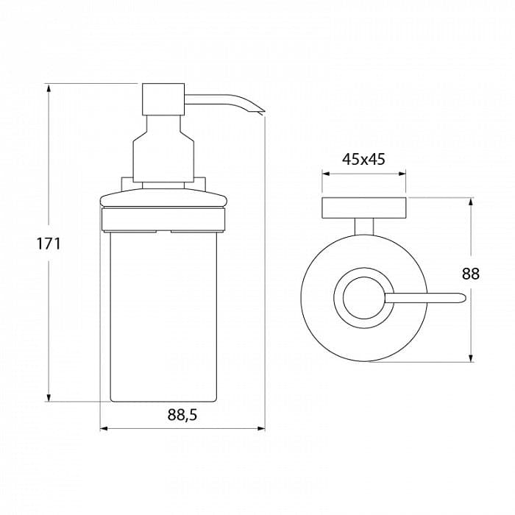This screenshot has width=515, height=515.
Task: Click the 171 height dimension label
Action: point(49,244)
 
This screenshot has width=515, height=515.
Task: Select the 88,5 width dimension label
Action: point(182,415)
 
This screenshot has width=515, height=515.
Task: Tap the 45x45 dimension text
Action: point(363,160)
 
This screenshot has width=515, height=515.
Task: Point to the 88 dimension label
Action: point(471,273)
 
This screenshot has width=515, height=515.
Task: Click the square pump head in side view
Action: point(163,99)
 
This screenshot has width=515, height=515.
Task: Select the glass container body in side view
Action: point(163,317)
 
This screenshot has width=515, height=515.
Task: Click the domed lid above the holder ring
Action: point(163,199)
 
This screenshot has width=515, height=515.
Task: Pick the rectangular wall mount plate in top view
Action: point(364,207)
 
